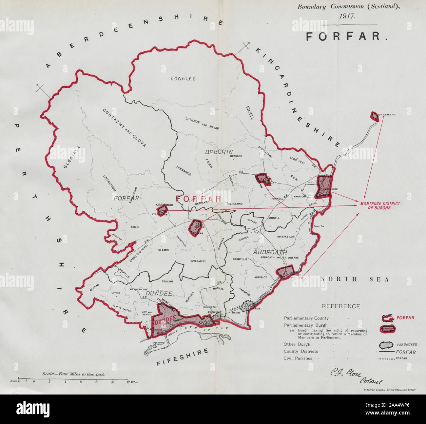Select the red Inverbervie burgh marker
[374, 116]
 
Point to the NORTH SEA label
[354, 279]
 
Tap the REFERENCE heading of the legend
[342, 306]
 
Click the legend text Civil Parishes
[298, 358]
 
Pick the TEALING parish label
[167, 281]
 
